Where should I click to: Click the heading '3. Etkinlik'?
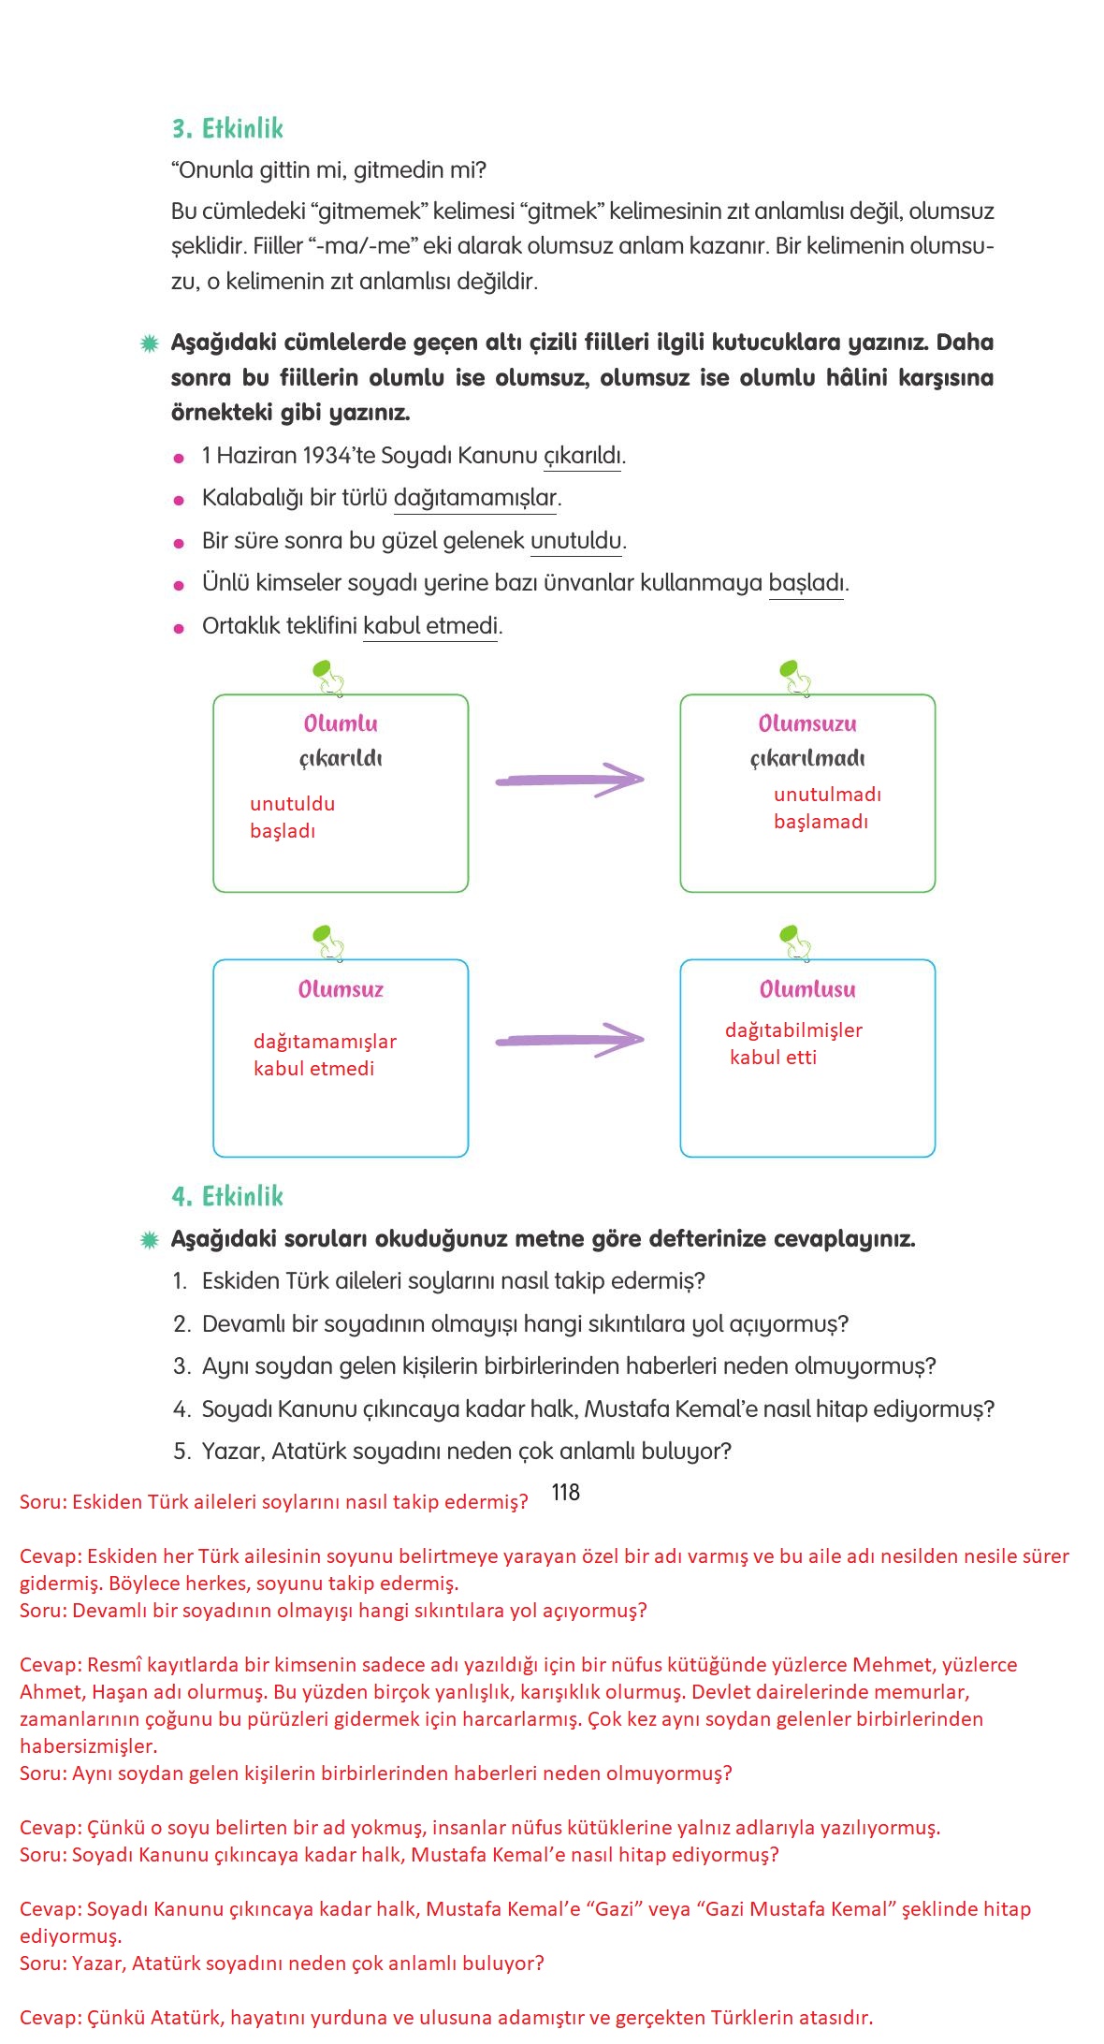(227, 128)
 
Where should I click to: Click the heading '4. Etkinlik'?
(227, 1196)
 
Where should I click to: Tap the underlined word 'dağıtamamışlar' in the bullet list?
(475, 498)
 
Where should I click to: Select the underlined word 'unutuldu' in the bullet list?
(575, 541)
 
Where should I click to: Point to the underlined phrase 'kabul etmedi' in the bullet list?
(430, 625)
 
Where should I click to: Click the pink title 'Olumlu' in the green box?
(341, 723)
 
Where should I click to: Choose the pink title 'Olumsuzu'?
(807, 723)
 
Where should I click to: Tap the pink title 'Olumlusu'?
(807, 989)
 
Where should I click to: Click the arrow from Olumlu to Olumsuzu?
(569, 780)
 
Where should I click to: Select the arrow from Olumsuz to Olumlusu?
(569, 1040)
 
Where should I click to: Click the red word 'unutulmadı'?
(827, 795)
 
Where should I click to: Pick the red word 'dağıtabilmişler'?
(793, 1030)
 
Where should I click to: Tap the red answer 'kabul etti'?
(773, 1058)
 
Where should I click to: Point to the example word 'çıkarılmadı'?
(807, 758)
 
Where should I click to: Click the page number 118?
(565, 1493)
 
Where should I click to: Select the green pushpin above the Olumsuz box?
(327, 941)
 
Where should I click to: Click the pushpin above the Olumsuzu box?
(794, 677)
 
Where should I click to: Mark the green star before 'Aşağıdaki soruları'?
(149, 1240)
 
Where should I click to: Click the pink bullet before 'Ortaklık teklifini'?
(179, 628)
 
